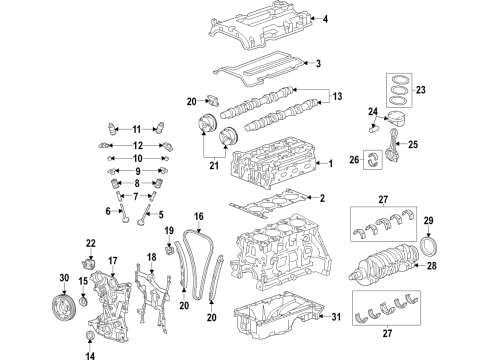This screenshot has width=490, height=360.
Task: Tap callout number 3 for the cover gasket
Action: click(x=317, y=64)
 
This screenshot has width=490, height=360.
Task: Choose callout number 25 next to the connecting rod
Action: click(x=415, y=144)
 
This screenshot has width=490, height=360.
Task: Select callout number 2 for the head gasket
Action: click(x=321, y=198)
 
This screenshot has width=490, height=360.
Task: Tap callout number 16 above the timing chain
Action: click(x=199, y=216)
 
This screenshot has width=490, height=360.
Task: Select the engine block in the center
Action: click(x=275, y=259)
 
